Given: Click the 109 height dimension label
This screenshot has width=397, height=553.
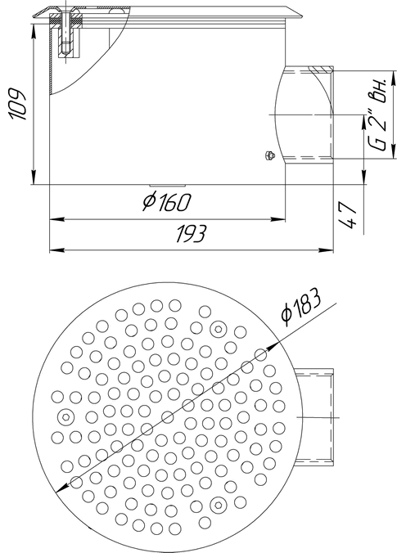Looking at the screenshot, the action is (x=18, y=104).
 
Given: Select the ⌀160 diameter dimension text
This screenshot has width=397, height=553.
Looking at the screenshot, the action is (x=167, y=202).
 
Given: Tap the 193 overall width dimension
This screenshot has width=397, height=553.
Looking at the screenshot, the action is (x=191, y=233).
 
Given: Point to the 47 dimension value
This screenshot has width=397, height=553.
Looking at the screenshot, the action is (x=348, y=215).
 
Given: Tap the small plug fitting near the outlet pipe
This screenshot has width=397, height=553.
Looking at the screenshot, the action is (x=269, y=155).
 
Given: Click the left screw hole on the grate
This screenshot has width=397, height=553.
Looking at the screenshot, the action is (x=65, y=417).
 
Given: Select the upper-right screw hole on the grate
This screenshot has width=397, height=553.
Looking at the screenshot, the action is (x=218, y=330).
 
